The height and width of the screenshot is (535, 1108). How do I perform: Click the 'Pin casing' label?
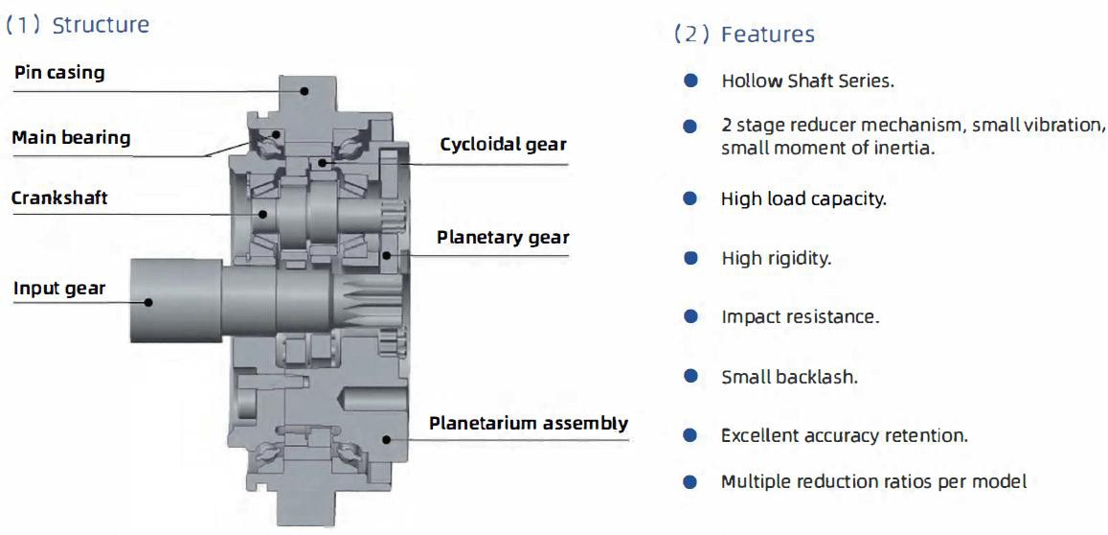coord(58,72)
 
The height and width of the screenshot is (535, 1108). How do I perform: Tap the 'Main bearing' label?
coord(72,136)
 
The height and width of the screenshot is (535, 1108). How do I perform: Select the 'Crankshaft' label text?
coord(59,198)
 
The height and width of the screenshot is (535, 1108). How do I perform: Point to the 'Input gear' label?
coord(59,288)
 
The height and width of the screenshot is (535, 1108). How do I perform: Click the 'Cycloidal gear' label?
coord(503,145)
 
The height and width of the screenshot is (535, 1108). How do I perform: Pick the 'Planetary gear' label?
coord(503,237)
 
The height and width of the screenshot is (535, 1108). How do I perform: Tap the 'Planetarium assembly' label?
coord(529,423)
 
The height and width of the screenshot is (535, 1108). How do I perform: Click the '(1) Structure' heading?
coord(77,25)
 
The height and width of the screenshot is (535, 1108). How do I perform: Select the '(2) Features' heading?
coord(743,34)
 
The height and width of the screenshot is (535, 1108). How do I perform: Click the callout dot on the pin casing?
coord(305,90)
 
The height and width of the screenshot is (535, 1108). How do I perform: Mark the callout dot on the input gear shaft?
coord(148,302)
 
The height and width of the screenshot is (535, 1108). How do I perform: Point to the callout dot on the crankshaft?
coord(262,213)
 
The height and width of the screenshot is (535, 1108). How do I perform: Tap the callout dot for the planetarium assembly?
coord(386,439)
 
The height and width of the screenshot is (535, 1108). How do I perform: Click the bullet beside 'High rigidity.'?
coord(690,258)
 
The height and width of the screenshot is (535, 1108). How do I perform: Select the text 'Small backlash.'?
coord(789,377)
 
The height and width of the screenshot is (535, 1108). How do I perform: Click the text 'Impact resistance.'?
coord(800,317)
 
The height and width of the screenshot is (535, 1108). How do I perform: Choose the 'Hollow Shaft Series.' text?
coord(807,81)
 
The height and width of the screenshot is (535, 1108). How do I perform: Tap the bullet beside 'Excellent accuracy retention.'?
coord(690,435)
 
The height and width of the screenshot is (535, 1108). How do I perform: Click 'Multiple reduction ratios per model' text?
coord(873,482)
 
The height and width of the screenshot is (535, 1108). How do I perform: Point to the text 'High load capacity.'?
coord(803,199)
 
